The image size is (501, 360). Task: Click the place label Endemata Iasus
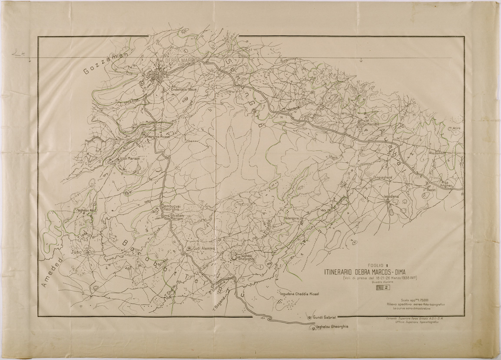184,89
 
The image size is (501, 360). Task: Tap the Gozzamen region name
105,63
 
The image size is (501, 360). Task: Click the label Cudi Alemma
204,248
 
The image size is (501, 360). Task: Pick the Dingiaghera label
383,177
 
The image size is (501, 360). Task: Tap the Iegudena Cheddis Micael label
300,294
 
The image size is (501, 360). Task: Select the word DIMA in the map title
397,272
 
